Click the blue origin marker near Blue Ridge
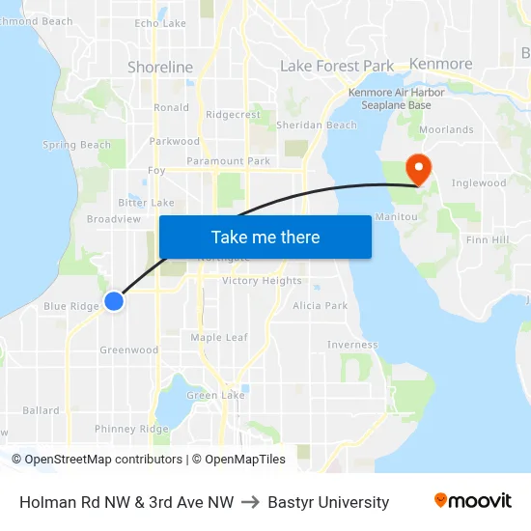tap(114, 301)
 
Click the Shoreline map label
tap(160, 68)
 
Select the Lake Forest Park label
tap(337, 66)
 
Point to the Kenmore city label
tap(441, 64)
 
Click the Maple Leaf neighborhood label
tap(219, 337)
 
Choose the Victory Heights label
tap(262, 281)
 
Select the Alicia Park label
tap(321, 305)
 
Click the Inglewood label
tap(479, 182)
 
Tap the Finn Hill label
tap(488, 239)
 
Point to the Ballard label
tap(42, 410)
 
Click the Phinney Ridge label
tap(131, 429)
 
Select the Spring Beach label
tap(77, 145)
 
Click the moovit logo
tap(473, 501)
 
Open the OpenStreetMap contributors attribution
tap(102, 460)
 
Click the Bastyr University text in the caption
tap(328, 502)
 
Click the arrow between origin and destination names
tap(251, 502)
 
